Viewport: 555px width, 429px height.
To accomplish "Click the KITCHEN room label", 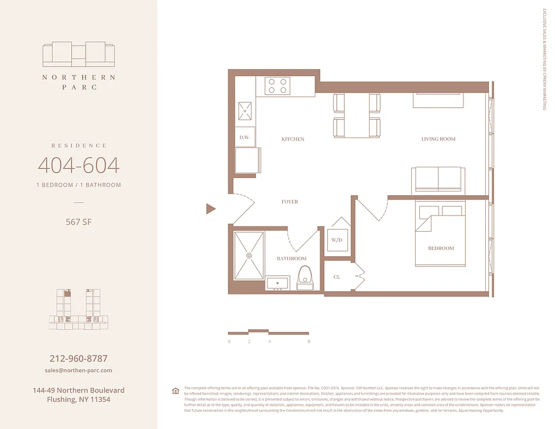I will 293,139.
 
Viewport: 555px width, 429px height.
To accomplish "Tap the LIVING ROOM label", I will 438,139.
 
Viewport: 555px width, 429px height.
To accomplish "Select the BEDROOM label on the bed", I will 441,248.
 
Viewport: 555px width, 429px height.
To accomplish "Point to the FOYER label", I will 290,202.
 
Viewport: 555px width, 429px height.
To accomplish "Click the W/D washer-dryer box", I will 337,240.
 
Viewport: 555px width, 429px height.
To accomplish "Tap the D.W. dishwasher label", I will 245,137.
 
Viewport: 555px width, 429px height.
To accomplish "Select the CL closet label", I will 337,277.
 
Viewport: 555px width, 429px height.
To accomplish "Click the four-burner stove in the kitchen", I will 277,86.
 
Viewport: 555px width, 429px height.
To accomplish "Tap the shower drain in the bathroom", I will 249,256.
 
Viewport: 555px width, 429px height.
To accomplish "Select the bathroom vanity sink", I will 278,283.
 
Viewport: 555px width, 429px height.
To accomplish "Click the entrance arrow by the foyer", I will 211,209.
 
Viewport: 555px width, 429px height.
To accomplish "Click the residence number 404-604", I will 78,166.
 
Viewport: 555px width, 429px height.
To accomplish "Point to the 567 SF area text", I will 78,221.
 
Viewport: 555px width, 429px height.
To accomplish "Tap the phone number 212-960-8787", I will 78,358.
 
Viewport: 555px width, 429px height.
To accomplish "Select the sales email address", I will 78,371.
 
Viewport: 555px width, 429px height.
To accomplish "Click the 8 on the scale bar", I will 309,342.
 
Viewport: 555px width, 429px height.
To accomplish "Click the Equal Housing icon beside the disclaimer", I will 175,390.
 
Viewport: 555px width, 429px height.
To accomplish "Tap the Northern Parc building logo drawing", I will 78,54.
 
